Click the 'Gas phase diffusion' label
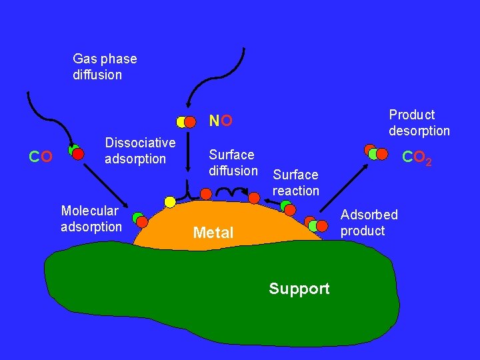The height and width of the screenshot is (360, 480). coord(105,67)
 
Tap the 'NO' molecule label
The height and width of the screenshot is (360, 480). coord(221,121)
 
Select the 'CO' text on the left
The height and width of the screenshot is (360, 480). coord(41,157)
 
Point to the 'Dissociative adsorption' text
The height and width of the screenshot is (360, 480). coord(140,151)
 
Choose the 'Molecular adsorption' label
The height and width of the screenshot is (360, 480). coord(91,219)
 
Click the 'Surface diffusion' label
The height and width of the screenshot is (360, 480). coord(233,163)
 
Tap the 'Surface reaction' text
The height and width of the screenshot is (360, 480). coord(295,183)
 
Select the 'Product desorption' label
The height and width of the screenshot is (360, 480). coord(419,123)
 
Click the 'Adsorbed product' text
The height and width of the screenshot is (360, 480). coord(369,223)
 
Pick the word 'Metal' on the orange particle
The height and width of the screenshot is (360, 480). coord(213,233)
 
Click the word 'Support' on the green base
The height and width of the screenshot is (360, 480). coord(299,289)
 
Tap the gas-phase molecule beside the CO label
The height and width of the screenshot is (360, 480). coord(76,153)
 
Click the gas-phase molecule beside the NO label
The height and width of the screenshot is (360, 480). coord(186,122)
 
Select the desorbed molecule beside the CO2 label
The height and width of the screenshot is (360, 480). coord(375,153)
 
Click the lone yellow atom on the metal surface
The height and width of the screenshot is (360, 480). coord(170,201)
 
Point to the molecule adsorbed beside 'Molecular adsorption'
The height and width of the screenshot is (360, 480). coord(140,219)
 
